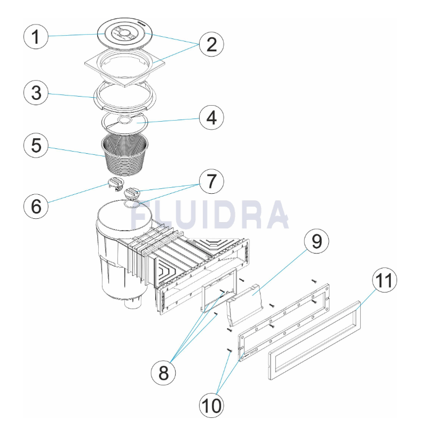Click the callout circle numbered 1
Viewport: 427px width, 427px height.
(x=36, y=36)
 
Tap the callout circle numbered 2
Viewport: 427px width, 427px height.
(x=211, y=44)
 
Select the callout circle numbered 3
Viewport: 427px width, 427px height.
(x=36, y=92)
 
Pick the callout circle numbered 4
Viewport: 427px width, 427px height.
(x=211, y=117)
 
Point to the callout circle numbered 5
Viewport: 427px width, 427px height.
(x=36, y=145)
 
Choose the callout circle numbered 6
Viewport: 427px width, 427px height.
(x=36, y=206)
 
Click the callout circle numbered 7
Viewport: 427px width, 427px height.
(x=211, y=181)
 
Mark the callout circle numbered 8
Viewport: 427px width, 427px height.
(x=163, y=373)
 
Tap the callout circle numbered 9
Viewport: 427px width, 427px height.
(x=317, y=241)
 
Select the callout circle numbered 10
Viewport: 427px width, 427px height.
(x=211, y=405)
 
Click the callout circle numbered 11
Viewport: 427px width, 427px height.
(x=384, y=280)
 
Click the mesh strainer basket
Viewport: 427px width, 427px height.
(x=125, y=155)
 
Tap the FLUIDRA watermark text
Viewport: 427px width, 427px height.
(x=209, y=215)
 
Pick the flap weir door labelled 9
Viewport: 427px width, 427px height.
(x=244, y=305)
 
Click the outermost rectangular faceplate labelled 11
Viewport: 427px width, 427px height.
(x=315, y=341)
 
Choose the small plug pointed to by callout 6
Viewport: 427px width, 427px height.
(x=116, y=184)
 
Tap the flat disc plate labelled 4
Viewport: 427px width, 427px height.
(x=125, y=123)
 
